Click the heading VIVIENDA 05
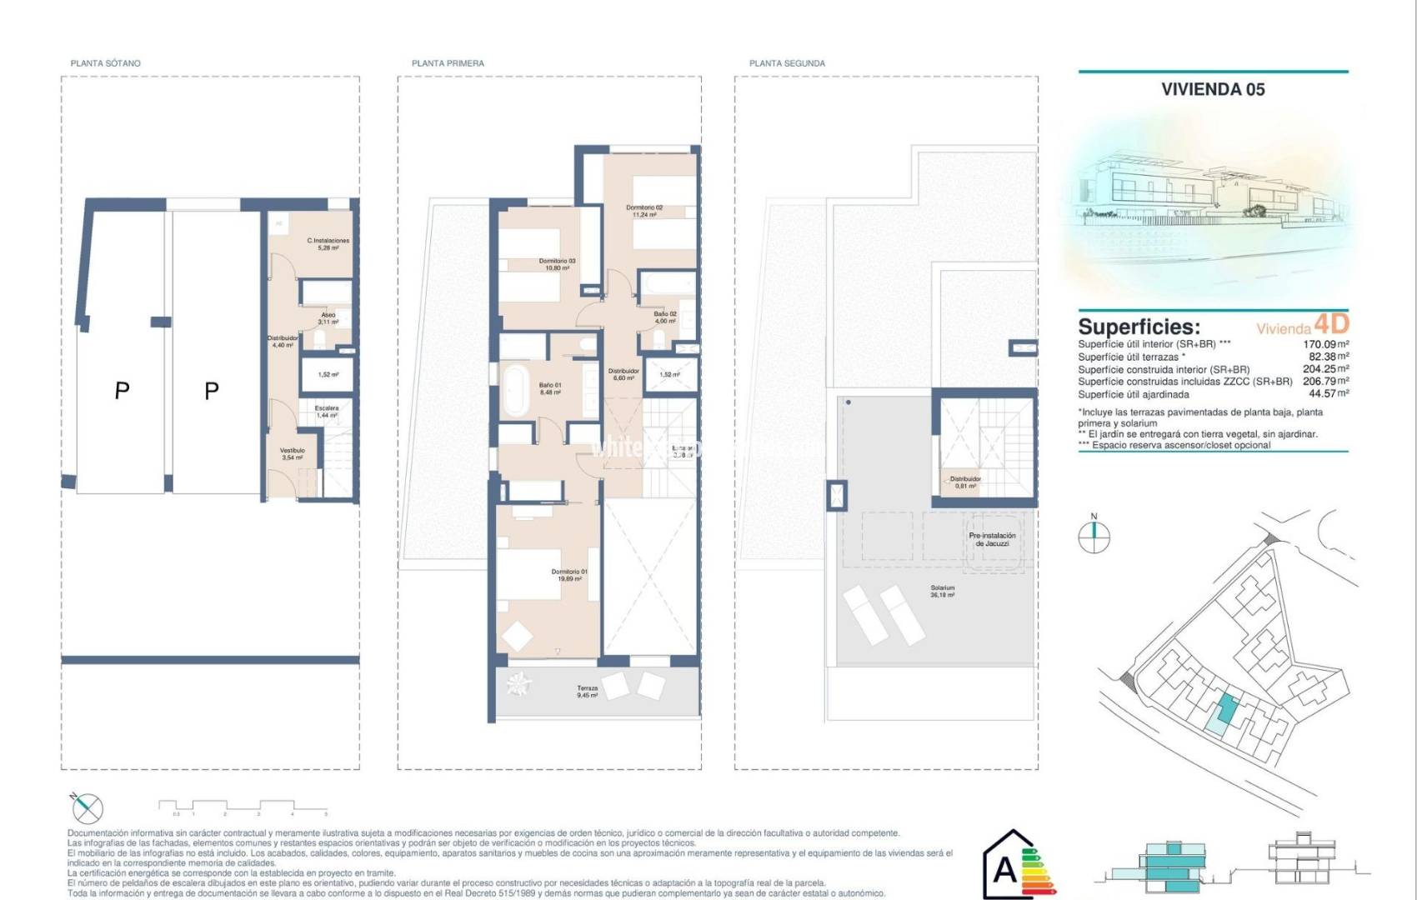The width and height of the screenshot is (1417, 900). click(1212, 89)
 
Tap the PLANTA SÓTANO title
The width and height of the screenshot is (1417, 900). click(105, 63)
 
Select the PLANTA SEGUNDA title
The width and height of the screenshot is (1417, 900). click(786, 63)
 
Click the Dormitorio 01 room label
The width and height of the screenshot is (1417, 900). click(569, 575)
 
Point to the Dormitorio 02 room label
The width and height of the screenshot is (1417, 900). click(644, 211)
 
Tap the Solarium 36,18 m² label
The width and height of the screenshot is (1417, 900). click(942, 591)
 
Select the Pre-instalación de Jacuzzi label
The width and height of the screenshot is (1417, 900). click(992, 539)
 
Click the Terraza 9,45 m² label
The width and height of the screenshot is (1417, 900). click(587, 692)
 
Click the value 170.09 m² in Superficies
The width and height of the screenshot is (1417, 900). click(1325, 344)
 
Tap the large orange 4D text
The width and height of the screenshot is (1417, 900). click(1330, 323)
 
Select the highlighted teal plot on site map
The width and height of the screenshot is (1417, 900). click(1226, 709)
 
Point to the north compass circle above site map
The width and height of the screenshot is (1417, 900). click(1094, 537)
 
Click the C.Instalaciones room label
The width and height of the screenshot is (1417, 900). click(328, 244)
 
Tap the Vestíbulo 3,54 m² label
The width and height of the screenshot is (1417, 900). click(292, 453)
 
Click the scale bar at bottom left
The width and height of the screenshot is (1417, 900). click(242, 807)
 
